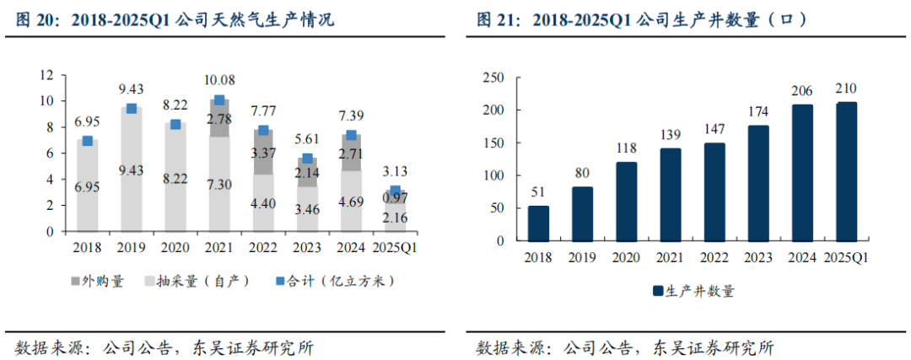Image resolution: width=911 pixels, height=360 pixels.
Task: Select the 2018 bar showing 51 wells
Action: pos(538,223)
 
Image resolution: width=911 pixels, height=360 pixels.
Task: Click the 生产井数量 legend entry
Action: pos(693,291)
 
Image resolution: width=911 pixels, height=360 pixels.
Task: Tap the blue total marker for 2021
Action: pos(219,100)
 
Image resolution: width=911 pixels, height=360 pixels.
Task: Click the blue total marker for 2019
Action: pos(132,109)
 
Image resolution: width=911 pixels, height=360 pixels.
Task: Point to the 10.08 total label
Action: pos(219,80)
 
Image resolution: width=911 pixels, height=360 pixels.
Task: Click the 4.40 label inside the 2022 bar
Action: pos(263,203)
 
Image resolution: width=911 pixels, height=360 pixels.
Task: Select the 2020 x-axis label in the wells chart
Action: pos(626,258)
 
